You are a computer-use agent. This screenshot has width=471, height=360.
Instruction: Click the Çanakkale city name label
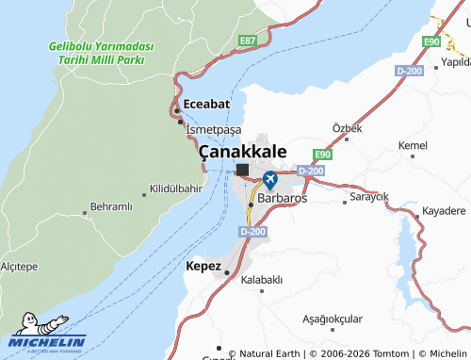click(x=242, y=151)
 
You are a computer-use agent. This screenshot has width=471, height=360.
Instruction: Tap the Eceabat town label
click(x=207, y=105)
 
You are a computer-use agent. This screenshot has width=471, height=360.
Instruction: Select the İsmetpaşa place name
click(x=214, y=128)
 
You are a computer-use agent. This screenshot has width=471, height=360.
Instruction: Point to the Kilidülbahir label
click(x=175, y=188)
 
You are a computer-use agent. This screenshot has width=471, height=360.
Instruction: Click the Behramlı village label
click(x=111, y=206)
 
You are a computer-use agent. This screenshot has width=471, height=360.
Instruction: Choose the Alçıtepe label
click(x=19, y=267)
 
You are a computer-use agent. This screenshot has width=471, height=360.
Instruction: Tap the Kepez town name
click(x=203, y=266)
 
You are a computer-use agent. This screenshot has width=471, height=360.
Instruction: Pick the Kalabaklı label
click(x=262, y=280)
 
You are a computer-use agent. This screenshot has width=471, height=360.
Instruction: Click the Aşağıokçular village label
click(x=333, y=319)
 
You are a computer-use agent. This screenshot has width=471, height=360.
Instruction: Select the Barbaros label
click(x=282, y=199)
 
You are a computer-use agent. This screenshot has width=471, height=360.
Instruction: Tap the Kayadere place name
click(x=444, y=210)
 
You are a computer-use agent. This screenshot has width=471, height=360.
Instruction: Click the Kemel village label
click(x=413, y=145)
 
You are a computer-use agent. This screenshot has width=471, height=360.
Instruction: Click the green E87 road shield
click(x=248, y=41)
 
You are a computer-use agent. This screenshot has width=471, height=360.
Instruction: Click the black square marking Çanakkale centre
click(x=242, y=170)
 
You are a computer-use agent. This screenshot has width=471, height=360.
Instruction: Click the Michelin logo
click(x=47, y=335)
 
